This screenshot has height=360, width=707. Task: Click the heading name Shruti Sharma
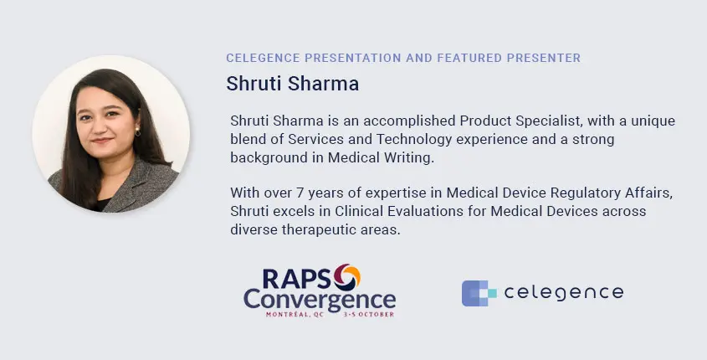292,84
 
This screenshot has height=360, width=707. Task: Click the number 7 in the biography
300,193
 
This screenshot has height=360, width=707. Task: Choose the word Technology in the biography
414,140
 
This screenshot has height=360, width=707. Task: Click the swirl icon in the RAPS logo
346,277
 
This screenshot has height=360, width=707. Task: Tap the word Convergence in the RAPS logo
320,300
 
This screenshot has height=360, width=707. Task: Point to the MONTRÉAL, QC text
295,315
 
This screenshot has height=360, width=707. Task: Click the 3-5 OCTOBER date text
368,315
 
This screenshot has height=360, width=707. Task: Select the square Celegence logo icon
479,293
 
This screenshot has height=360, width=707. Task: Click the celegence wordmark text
564,293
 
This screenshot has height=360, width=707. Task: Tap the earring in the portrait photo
137,131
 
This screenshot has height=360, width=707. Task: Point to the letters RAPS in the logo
297,278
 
